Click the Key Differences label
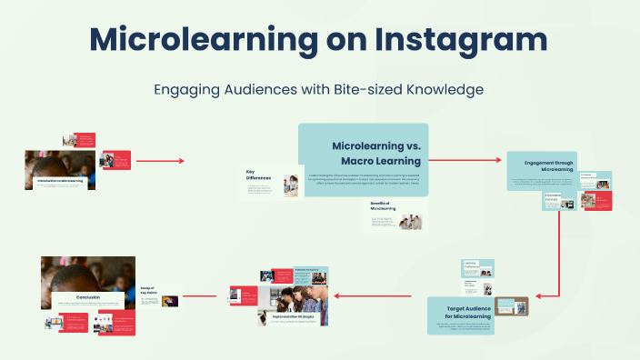pos(259,175)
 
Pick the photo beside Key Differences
pos(290,185)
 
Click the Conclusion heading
pos(88,296)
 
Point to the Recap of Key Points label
pos(147,293)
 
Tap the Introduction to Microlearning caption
pos(60,181)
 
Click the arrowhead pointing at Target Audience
pos(539,295)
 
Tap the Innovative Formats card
pos(554,198)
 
